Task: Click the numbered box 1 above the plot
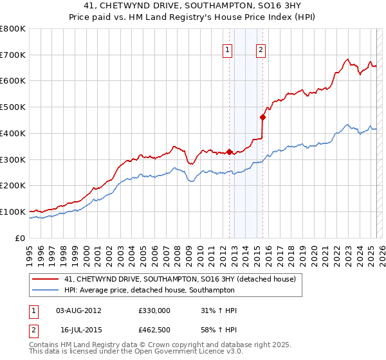click(228, 51)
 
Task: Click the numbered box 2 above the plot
click(261, 51)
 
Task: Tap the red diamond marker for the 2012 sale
click(230, 152)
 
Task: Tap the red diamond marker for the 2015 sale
click(262, 117)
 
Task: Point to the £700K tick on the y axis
click(13, 55)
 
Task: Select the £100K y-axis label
click(13, 212)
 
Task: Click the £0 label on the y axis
click(20, 238)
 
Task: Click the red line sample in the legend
click(46, 279)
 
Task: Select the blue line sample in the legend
click(46, 290)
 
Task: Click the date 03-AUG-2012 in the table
click(79, 310)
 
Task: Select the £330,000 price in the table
click(154, 310)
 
